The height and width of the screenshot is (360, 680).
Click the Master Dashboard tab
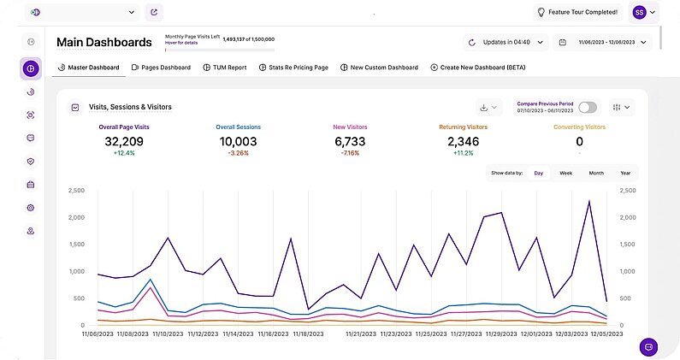[x=89, y=67]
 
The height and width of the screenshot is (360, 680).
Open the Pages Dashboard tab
[x=161, y=67]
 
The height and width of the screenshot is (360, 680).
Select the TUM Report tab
[x=225, y=67]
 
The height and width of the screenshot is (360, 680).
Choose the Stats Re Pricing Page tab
[x=293, y=67]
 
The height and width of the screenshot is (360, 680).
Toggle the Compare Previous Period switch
[x=588, y=108]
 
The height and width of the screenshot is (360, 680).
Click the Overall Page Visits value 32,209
[x=126, y=142]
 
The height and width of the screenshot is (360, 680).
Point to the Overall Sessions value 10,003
[x=238, y=142]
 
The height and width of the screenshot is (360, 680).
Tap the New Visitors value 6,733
[x=350, y=142]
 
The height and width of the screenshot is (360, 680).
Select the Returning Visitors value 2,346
[x=464, y=142]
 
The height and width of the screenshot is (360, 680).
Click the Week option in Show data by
[x=565, y=173]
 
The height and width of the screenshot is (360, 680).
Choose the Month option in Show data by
[x=595, y=173]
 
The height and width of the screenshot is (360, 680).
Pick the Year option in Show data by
[x=625, y=173]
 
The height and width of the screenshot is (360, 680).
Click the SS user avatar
[x=639, y=12]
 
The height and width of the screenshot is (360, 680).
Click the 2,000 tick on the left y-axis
[x=77, y=217]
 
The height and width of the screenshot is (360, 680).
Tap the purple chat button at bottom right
[x=649, y=347]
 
